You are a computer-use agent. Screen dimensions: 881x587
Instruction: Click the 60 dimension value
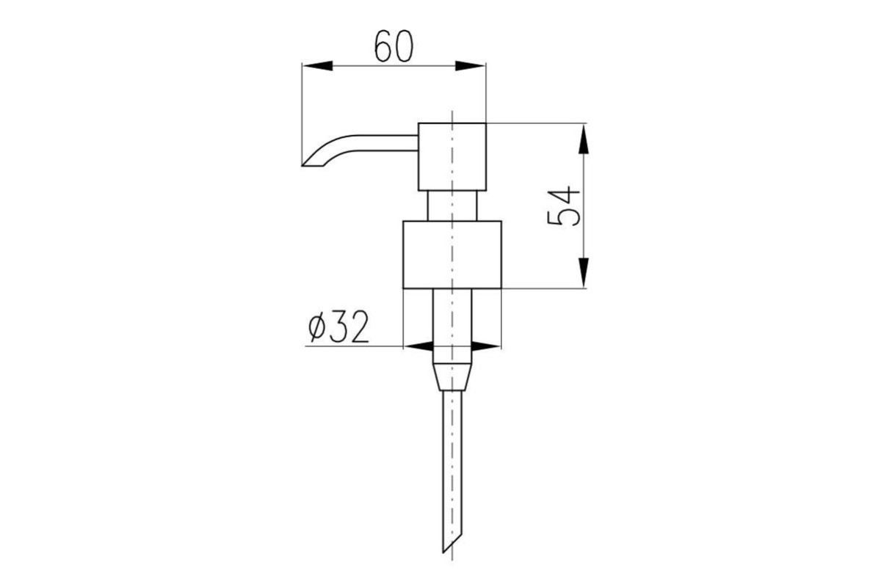394,46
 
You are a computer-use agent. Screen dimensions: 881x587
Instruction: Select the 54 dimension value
564,208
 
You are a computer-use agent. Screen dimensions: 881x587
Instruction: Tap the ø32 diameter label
338,327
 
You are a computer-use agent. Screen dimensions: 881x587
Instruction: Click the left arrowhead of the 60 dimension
317,65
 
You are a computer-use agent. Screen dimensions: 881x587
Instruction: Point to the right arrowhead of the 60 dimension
470,65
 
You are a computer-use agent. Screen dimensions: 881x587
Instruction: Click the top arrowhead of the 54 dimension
584,139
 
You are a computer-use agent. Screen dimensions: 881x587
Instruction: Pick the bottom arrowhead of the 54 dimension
584,273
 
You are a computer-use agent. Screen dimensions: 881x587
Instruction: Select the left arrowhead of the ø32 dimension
418,346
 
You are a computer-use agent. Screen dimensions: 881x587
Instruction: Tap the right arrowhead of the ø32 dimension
486,346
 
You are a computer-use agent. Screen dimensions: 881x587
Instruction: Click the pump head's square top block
452,157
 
